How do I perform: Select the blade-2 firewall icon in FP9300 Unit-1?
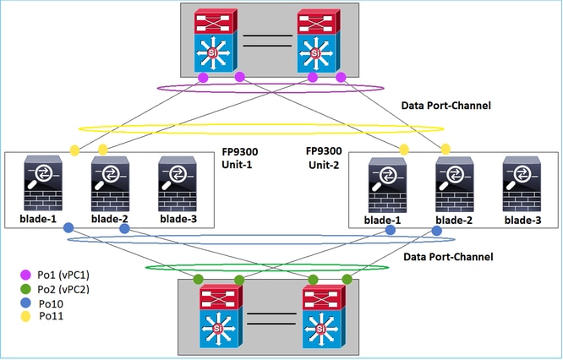point(107,183)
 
